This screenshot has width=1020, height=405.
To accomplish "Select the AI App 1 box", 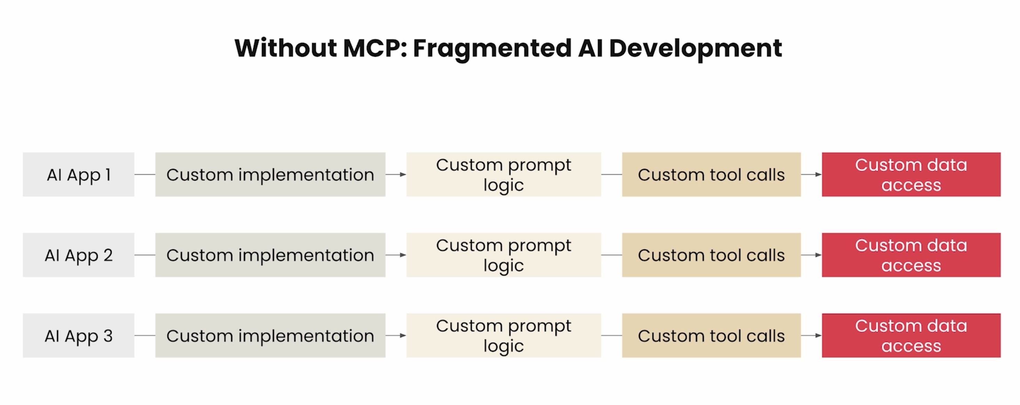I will click(79, 174).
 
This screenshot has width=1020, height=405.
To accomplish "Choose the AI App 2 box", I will click(79, 255).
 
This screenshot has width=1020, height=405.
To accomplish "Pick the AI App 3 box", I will click(79, 335).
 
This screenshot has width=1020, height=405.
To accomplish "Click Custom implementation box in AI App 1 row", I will click(270, 174).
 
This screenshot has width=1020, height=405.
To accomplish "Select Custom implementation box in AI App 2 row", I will click(270, 255).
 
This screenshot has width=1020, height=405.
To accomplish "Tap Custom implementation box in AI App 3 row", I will click(270, 335).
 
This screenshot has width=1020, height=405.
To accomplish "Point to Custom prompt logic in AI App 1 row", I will click(503, 174).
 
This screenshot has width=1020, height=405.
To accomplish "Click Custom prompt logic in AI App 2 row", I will click(503, 255).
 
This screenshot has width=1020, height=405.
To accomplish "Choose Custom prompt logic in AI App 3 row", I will click(503, 335).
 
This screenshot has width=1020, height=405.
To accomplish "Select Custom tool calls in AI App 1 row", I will click(711, 174).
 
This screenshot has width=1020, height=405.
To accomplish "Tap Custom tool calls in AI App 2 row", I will click(711, 255).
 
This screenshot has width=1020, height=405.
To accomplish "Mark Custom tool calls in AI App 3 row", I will click(711, 335).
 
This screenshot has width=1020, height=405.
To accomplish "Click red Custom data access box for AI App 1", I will click(911, 174).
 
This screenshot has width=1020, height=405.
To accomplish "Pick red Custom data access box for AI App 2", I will click(911, 255).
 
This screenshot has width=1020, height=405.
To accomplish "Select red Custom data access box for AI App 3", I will click(911, 335).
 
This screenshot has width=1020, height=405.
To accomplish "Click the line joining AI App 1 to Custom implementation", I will click(145, 174).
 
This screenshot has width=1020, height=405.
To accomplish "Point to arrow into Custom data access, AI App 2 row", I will click(811, 255).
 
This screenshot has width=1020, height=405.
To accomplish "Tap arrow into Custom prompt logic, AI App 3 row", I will click(396, 335).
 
